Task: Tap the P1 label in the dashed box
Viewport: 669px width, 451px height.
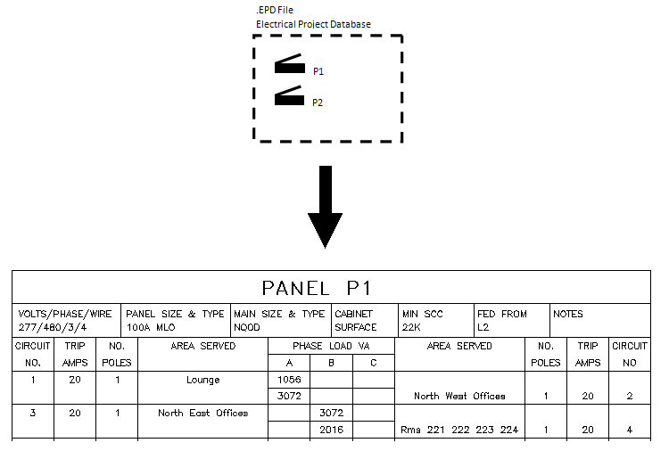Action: [x=318, y=70]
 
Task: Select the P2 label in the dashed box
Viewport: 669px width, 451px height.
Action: [x=318, y=102]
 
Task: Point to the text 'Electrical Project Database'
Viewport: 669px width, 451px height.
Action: [x=313, y=24]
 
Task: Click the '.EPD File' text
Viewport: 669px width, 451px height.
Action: [x=275, y=10]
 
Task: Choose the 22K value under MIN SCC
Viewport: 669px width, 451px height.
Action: [x=412, y=327]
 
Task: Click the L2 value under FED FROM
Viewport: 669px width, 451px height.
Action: [x=483, y=327]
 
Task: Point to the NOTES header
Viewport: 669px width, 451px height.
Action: [x=568, y=314]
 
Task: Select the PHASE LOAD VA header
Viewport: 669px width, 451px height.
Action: [x=331, y=346]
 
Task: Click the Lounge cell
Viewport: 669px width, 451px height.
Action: [x=202, y=380]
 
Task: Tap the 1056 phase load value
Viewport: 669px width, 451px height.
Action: [x=289, y=380]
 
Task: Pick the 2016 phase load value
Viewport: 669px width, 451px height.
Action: [x=331, y=430]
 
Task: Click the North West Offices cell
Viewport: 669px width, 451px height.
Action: [x=459, y=396]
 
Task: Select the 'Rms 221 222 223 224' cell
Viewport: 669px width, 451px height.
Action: [x=459, y=430]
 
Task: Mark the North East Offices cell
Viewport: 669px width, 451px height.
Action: [x=202, y=413]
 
